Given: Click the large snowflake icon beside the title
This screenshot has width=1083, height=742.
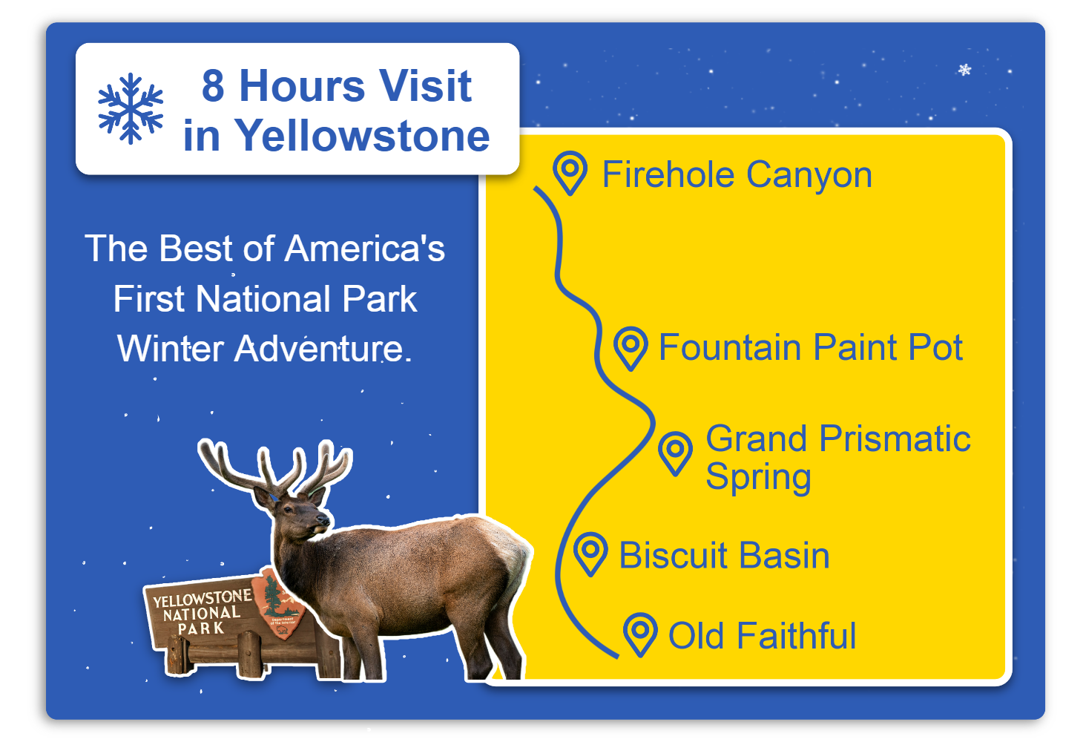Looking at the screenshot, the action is pyautogui.click(x=131, y=108).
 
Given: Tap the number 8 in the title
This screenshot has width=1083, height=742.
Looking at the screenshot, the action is pyautogui.click(x=213, y=86).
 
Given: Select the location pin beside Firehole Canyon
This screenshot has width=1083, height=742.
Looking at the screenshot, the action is pyautogui.click(x=570, y=173).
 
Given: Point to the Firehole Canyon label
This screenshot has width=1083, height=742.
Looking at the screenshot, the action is pyautogui.click(x=737, y=174).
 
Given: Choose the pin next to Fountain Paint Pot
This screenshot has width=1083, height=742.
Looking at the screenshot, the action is pyautogui.click(x=631, y=349).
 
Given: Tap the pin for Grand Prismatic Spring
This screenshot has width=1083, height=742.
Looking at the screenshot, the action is pyautogui.click(x=676, y=453).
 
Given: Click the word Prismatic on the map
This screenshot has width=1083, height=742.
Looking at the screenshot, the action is pyautogui.click(x=895, y=439).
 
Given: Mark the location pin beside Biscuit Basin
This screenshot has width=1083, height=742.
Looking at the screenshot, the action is pyautogui.click(x=590, y=554).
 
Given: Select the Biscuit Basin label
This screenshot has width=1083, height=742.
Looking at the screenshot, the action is pyautogui.click(x=724, y=555).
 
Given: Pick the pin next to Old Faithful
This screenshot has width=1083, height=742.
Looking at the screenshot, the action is pyautogui.click(x=640, y=634).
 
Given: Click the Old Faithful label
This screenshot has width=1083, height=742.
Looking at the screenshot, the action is pyautogui.click(x=762, y=635).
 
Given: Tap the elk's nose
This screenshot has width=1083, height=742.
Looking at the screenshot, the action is pyautogui.click(x=324, y=520).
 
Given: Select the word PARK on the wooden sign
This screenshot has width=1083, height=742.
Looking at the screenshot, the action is pyautogui.click(x=201, y=628).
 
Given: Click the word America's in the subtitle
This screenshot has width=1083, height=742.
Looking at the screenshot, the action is pyautogui.click(x=365, y=249).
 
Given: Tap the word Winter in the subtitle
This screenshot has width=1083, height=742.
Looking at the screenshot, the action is pyautogui.click(x=171, y=348).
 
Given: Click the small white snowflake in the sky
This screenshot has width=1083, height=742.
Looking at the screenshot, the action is pyautogui.click(x=964, y=70).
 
